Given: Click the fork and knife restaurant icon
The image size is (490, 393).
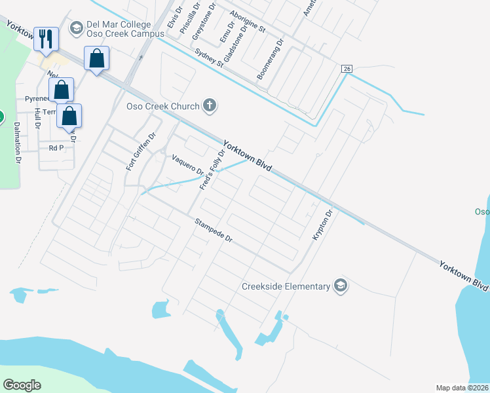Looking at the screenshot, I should click(x=45, y=39).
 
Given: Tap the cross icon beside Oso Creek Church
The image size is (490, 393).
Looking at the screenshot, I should click(x=210, y=105).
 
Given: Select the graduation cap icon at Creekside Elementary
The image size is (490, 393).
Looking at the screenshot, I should click(x=340, y=286).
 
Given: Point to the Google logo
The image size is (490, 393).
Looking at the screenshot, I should click(x=22, y=384).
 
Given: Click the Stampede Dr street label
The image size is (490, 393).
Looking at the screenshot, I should click(x=214, y=231).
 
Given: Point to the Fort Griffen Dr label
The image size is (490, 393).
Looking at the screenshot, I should click(x=141, y=152).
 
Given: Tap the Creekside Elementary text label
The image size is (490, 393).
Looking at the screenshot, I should click(x=286, y=286).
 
